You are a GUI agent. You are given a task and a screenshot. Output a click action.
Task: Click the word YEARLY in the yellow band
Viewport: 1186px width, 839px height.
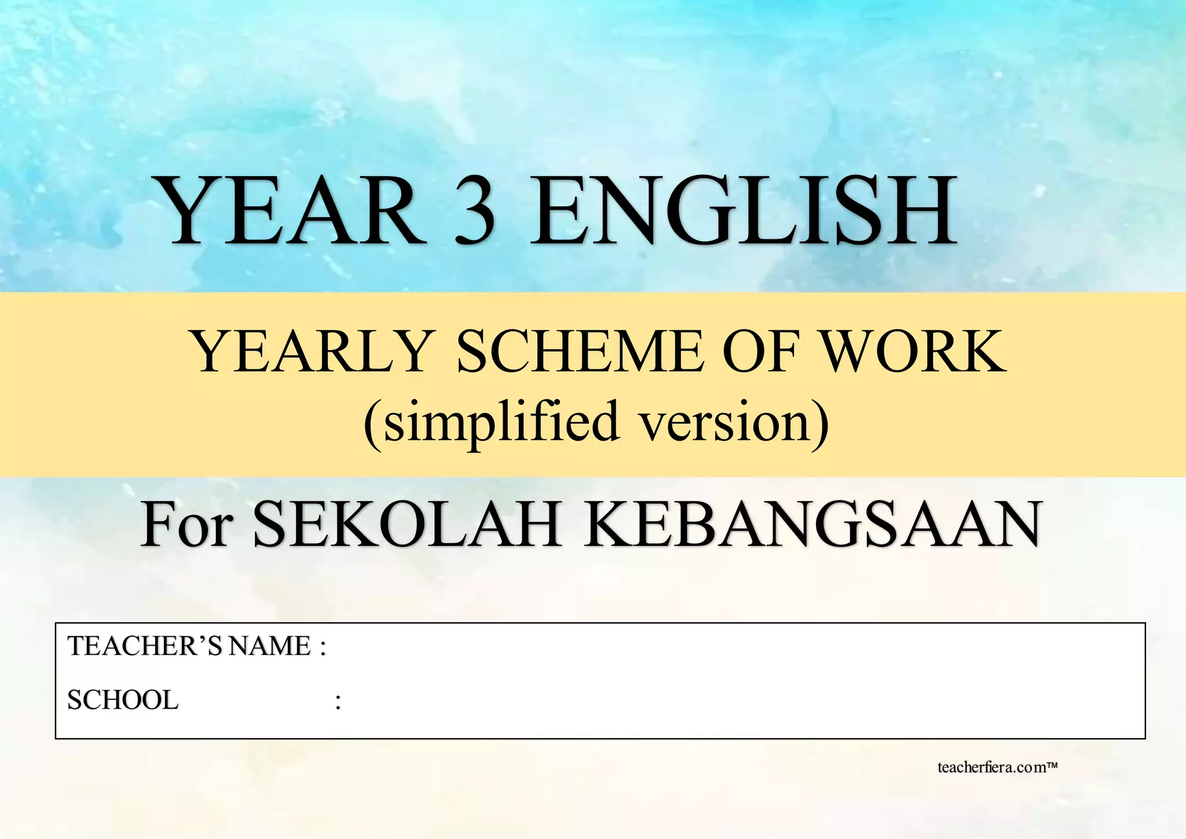(313, 351)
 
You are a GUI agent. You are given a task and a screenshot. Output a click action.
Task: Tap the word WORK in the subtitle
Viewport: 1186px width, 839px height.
(914, 351)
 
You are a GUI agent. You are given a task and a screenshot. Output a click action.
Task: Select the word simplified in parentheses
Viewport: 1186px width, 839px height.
(502, 422)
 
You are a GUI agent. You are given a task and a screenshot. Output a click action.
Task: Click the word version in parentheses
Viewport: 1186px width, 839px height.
(723, 422)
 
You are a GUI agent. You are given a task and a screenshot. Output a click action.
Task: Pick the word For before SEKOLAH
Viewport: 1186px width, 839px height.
(186, 524)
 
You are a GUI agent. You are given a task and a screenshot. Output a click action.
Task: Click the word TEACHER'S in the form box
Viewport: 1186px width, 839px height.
(145, 646)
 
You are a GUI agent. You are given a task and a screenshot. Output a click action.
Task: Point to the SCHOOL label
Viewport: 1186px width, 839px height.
(123, 700)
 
